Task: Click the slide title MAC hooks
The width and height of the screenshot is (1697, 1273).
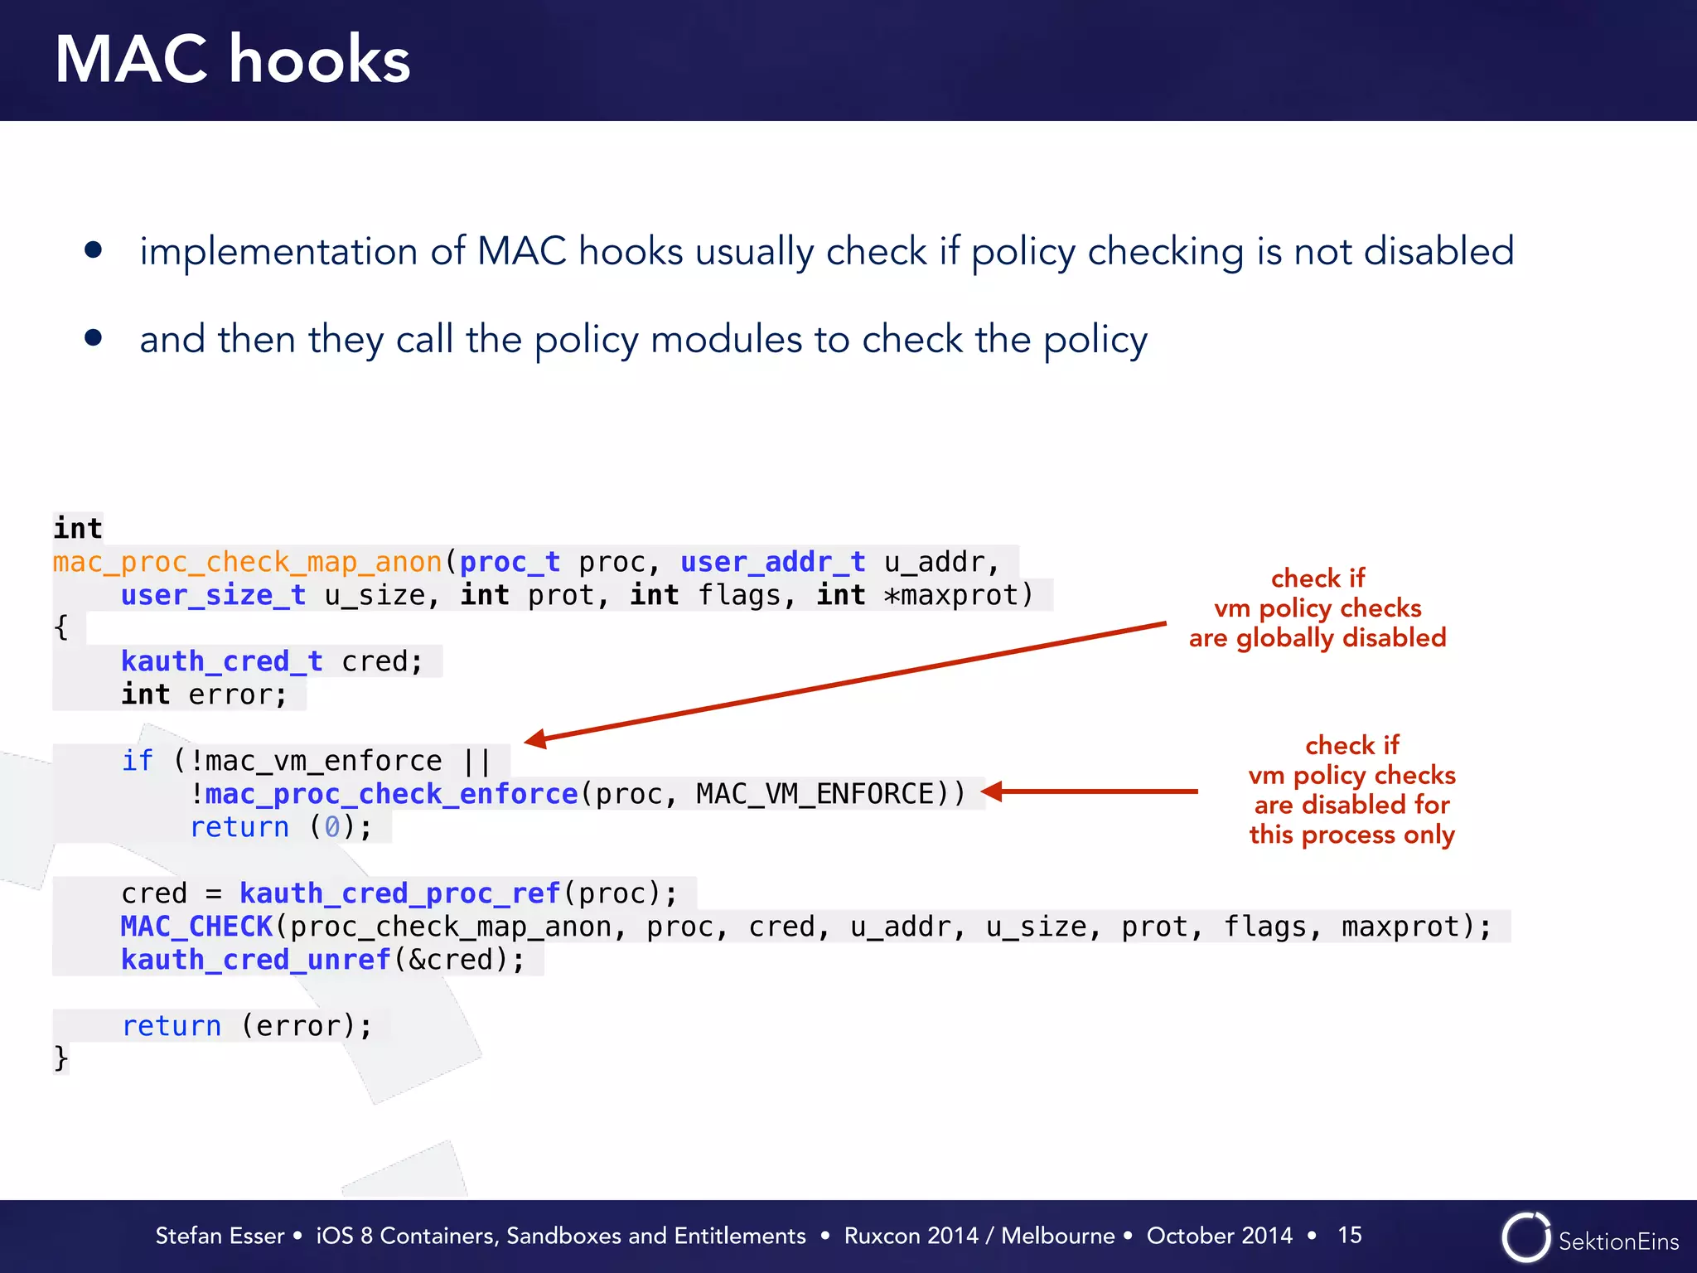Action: point(233,60)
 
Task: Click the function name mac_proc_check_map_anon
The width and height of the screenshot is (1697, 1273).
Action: point(247,563)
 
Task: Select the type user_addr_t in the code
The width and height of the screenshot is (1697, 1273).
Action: point(772,563)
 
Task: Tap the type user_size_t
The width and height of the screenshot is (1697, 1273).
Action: point(213,596)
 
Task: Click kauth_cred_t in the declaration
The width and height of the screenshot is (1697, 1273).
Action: point(221,662)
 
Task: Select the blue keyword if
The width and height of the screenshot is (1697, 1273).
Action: point(138,761)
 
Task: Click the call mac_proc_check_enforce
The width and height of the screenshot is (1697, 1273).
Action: point(391,795)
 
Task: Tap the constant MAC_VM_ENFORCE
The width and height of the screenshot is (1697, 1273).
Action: point(815,795)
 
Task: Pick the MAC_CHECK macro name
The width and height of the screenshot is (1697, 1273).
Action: point(196,927)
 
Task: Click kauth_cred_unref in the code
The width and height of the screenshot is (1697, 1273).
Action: point(255,960)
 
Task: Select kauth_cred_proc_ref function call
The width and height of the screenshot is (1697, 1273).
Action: point(399,893)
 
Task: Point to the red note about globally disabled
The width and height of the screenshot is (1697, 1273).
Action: point(1317,608)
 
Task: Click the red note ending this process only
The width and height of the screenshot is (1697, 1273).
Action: point(1351,790)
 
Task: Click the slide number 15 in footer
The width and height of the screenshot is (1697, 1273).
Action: point(1349,1235)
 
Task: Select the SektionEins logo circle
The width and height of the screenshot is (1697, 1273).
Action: point(1525,1237)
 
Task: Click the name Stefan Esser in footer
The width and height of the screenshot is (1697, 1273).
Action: point(220,1236)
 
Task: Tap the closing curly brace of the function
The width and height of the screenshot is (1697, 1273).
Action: point(60,1058)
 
